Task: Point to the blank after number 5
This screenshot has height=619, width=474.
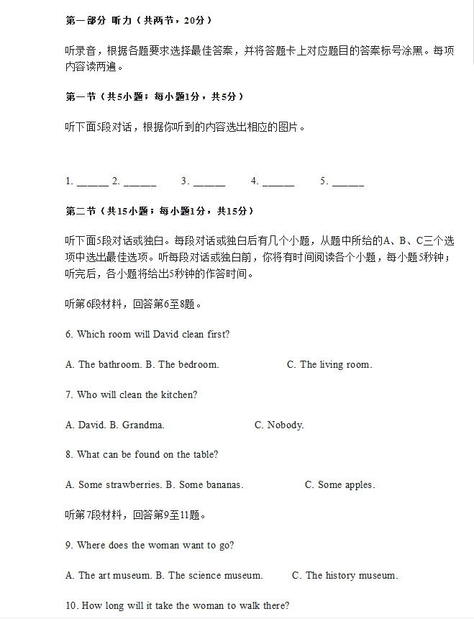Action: click(x=347, y=182)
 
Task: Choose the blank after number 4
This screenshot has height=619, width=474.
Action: click(x=278, y=182)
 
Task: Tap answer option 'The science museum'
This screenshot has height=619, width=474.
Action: click(x=215, y=576)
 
